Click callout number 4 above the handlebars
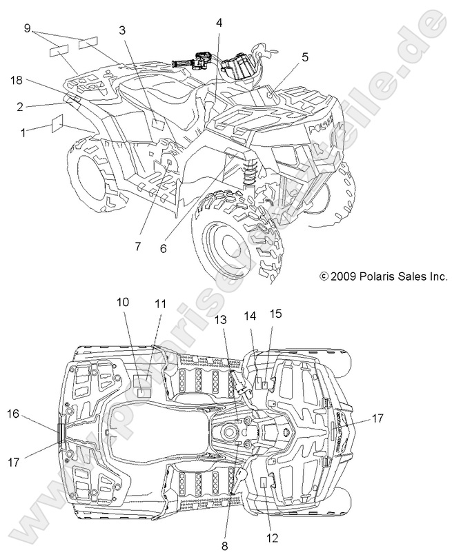point(219,23)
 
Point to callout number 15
point(275,314)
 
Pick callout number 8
point(224,545)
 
